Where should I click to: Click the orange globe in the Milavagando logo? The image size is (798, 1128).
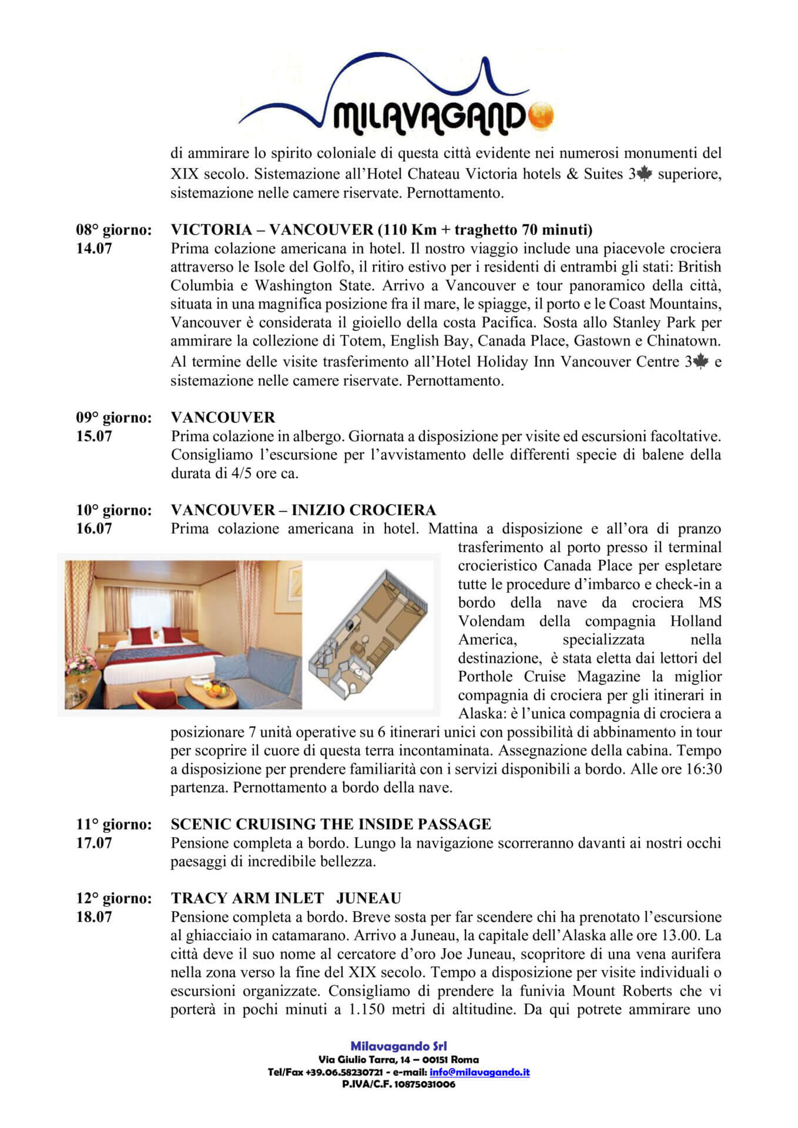(x=541, y=116)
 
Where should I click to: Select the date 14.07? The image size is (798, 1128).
(x=94, y=249)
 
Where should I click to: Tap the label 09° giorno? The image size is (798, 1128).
(x=113, y=418)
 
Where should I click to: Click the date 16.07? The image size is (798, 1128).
(x=94, y=529)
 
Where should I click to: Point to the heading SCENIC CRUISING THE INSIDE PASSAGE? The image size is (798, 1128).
(x=331, y=824)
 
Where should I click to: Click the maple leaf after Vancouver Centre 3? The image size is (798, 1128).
(x=701, y=362)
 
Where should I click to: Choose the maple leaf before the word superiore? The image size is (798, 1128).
(x=644, y=174)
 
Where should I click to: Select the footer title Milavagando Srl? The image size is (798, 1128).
(x=398, y=1046)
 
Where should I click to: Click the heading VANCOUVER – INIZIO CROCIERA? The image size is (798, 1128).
(x=303, y=510)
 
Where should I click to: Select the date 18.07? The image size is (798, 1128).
(x=94, y=917)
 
